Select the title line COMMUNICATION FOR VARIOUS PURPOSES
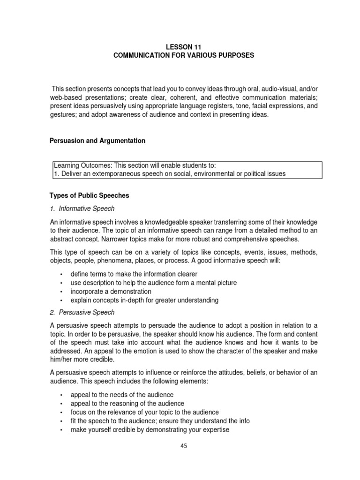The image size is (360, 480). tap(184, 56)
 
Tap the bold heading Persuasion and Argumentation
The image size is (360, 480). tap(97, 141)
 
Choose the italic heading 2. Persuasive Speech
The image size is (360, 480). tap(82, 312)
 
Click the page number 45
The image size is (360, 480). tap(184, 446)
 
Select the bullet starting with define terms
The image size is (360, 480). tap(134, 274)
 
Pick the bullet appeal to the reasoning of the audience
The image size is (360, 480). tap(127, 404)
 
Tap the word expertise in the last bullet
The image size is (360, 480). tap(214, 429)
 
